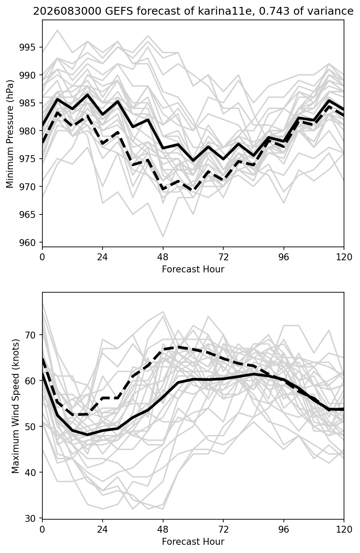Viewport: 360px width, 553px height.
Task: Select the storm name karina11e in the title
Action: point(227,11)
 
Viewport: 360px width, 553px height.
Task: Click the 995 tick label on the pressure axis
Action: point(27,47)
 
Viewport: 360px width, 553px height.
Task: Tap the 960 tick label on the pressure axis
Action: point(27,243)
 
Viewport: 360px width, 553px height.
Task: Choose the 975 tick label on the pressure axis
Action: point(27,159)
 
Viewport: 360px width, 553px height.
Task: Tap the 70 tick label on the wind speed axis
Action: point(30,335)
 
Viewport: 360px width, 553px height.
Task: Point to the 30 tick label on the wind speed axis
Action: point(30,518)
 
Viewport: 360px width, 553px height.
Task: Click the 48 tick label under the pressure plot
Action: point(163,257)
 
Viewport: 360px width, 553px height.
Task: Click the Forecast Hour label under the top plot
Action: point(193,269)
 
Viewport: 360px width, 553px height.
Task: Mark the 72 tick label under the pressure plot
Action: point(223,257)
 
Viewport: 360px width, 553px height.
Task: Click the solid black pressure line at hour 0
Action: point(43,126)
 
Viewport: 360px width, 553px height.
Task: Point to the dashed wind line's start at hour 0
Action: point(43,359)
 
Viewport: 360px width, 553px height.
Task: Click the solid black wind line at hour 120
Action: point(344,409)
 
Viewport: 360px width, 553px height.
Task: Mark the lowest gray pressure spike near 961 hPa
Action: point(163,237)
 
